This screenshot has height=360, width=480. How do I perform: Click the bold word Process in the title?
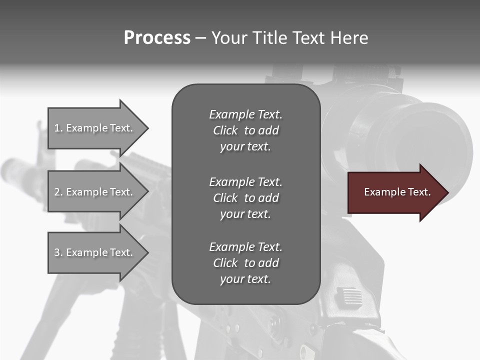(x=157, y=38)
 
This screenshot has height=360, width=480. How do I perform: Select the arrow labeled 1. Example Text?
(x=95, y=128)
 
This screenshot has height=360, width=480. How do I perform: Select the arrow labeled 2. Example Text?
(x=95, y=192)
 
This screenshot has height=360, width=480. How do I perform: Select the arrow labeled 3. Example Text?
(x=95, y=252)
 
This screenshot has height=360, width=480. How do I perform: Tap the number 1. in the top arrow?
(x=58, y=128)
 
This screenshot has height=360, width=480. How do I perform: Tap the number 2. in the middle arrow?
(x=58, y=192)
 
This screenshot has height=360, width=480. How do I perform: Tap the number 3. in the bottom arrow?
(x=58, y=252)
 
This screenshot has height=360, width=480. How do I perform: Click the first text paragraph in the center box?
(x=245, y=130)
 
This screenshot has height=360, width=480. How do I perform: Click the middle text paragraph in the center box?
(x=245, y=197)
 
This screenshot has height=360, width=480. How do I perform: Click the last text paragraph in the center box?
(x=245, y=263)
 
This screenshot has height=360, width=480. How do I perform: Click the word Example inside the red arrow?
(x=382, y=192)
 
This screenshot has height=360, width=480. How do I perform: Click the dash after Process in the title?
(x=200, y=38)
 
